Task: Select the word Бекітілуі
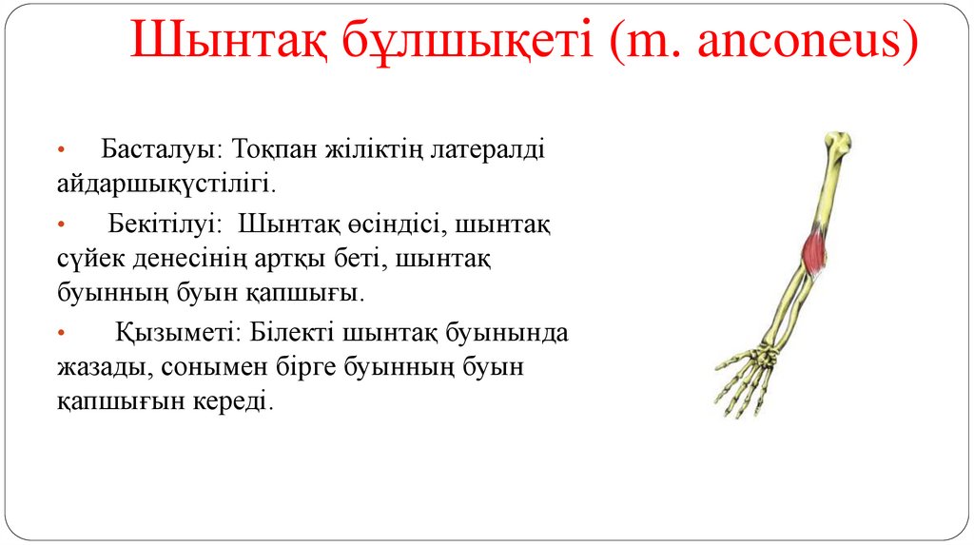pos(164,226)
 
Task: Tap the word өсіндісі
pos(391,226)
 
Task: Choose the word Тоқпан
pos(273,150)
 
